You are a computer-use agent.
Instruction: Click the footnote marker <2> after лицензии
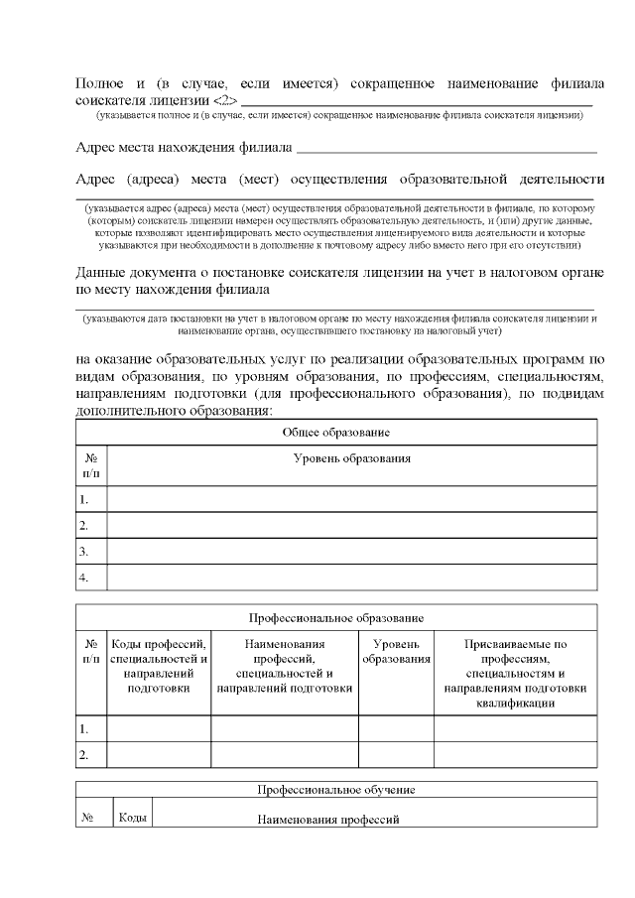[x=225, y=100]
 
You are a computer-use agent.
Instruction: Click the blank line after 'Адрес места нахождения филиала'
[x=445, y=150]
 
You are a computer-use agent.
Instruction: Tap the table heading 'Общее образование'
[x=335, y=433]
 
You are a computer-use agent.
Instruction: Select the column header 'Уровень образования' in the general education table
[x=352, y=457]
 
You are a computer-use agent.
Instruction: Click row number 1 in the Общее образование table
[x=85, y=499]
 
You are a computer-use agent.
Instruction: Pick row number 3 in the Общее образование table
[x=85, y=551]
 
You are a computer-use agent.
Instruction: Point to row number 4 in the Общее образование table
[x=85, y=577]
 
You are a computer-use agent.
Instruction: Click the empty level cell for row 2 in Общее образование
[x=351, y=525]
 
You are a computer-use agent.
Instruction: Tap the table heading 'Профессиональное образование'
[x=335, y=617]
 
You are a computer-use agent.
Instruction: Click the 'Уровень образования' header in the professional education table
[x=396, y=651]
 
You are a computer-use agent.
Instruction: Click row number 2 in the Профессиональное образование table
[x=85, y=755]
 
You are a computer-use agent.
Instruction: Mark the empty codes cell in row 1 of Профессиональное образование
[x=159, y=729]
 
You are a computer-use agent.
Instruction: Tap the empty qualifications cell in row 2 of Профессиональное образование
[x=515, y=755]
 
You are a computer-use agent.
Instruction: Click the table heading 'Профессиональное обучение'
[x=335, y=790]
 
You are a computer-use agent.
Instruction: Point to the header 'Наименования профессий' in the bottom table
[x=328, y=821]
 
